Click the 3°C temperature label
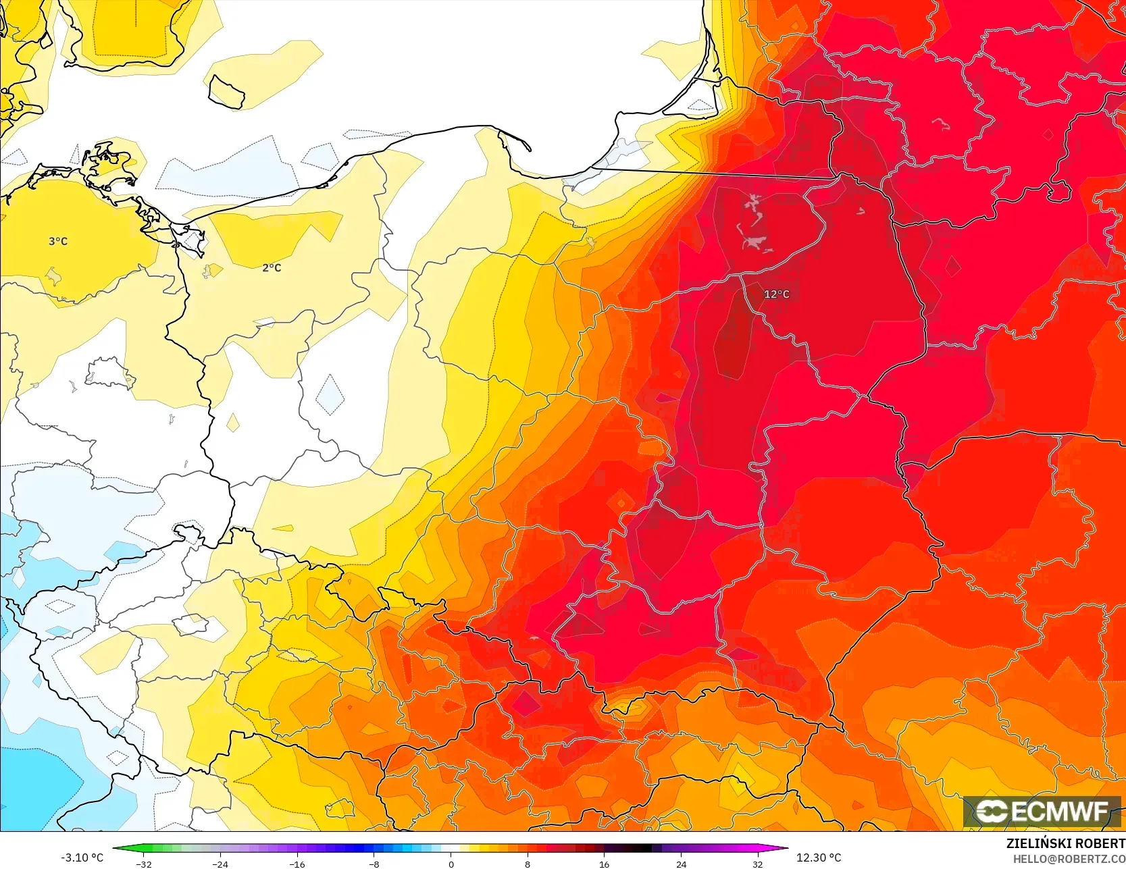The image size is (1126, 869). (x=58, y=241)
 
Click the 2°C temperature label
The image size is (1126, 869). (x=272, y=267)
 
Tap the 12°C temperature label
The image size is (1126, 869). (x=776, y=294)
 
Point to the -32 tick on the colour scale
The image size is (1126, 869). (x=143, y=864)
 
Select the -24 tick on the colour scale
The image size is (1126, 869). (x=220, y=864)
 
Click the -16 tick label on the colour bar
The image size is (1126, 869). (x=297, y=864)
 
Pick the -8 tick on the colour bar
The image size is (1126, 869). (x=374, y=864)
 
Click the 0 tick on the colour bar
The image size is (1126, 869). (x=451, y=864)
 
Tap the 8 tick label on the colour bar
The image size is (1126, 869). (x=528, y=864)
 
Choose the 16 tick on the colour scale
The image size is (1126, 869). (x=604, y=864)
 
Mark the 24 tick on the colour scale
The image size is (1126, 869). (x=681, y=864)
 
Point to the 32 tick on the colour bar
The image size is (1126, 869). (x=758, y=864)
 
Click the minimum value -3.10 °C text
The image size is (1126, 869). (x=82, y=858)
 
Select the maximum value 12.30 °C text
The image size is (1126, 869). (x=819, y=858)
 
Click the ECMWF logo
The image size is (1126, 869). (x=1041, y=811)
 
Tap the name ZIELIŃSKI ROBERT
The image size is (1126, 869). (x=1065, y=843)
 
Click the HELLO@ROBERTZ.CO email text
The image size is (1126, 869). (x=1069, y=858)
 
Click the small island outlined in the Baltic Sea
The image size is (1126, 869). (x=226, y=92)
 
